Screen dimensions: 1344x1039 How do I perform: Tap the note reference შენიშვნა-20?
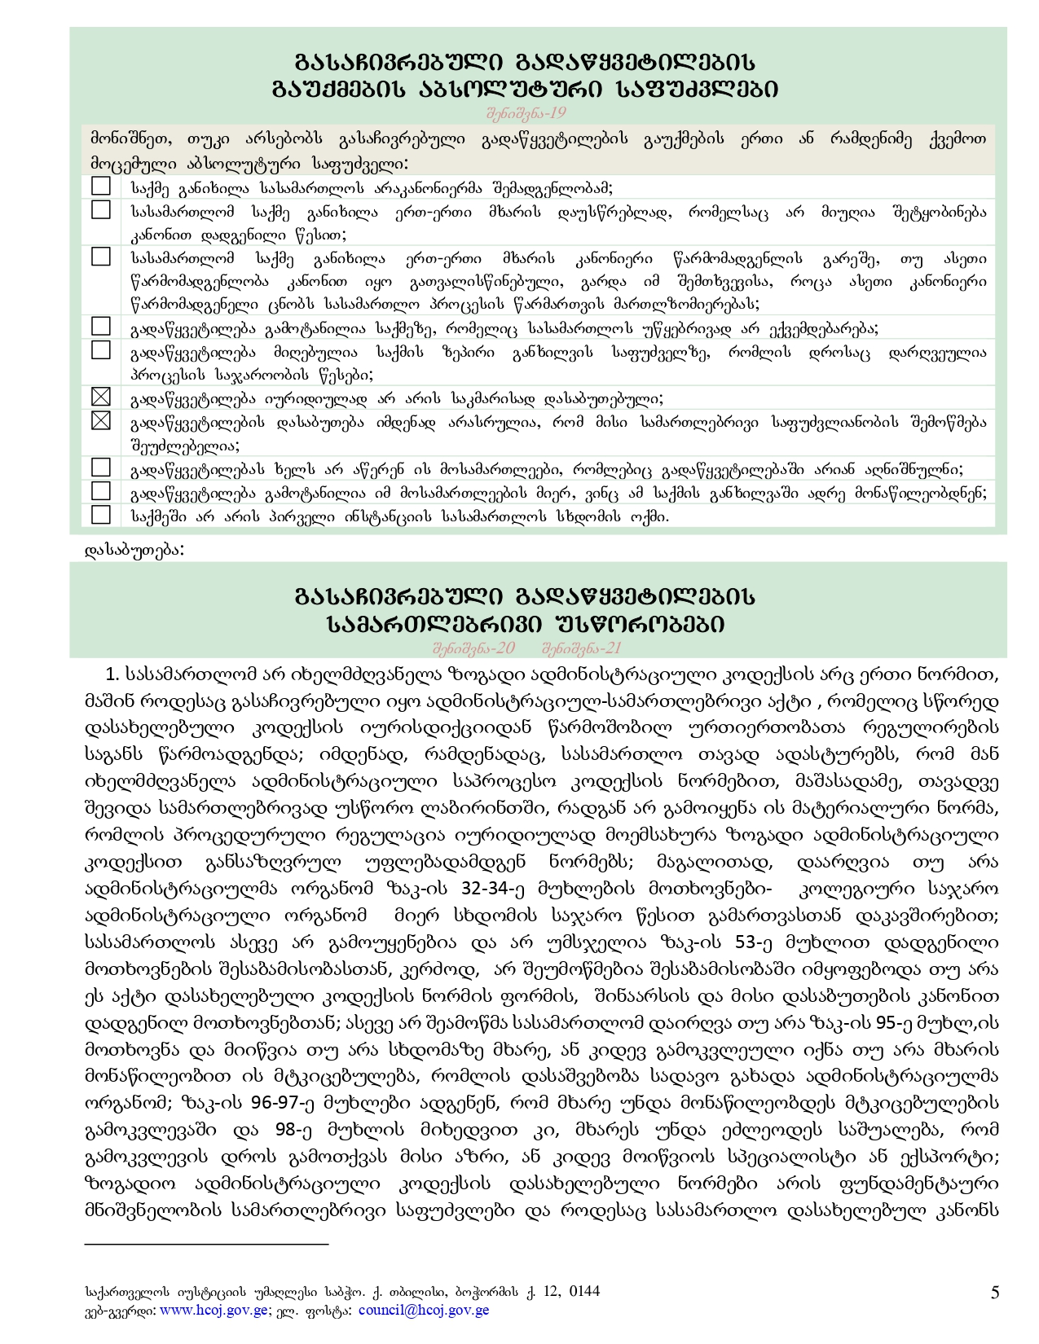coord(473,648)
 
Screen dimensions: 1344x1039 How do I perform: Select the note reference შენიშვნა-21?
coord(581,648)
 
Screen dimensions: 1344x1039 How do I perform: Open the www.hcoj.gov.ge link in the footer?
coord(214,1311)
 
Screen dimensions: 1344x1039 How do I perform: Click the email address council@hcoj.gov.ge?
coord(424,1311)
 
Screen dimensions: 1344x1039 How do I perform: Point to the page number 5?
coord(995,1293)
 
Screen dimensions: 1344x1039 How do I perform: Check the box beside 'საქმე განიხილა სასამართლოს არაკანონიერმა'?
coord(101,187)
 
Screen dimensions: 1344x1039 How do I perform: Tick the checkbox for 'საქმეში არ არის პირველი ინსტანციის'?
coord(101,515)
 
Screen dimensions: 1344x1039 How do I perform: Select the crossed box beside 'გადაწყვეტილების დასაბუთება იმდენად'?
coord(101,421)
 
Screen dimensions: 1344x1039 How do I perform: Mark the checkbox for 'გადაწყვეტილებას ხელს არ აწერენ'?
coord(101,468)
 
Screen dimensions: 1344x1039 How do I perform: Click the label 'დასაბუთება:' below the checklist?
coord(134,550)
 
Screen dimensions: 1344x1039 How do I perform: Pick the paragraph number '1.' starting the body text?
coord(113,674)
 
